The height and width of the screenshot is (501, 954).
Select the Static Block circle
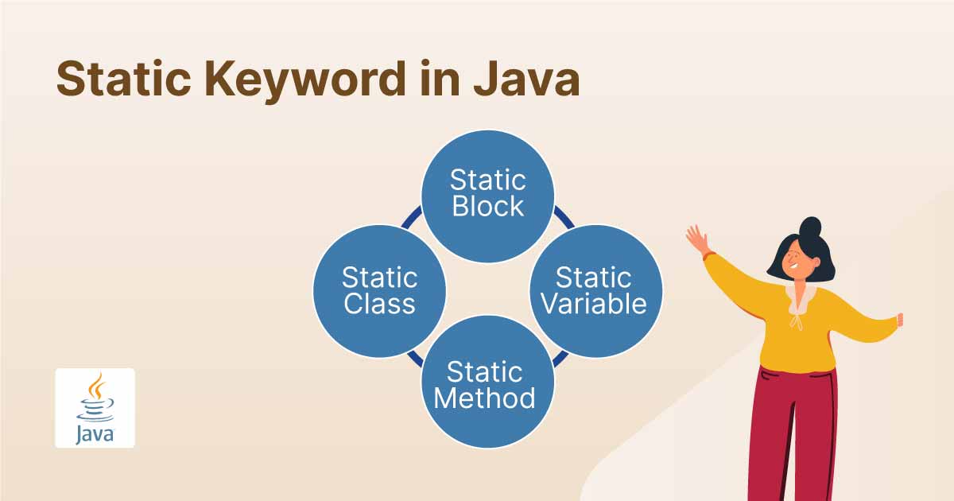(x=487, y=196)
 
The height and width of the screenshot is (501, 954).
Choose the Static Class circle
(x=379, y=289)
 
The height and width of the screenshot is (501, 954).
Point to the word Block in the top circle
(x=487, y=206)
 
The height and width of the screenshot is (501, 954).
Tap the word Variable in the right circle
(x=595, y=303)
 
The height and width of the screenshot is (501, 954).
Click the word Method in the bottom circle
(x=485, y=396)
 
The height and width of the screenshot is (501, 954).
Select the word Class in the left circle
(x=379, y=303)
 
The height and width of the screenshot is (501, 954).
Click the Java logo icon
(x=95, y=408)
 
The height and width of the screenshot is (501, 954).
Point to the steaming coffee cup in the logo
(x=95, y=398)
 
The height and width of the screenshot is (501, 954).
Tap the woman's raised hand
(x=696, y=238)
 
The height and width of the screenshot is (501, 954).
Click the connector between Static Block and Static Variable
(x=564, y=216)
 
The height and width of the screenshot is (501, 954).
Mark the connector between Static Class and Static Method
(x=413, y=358)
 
